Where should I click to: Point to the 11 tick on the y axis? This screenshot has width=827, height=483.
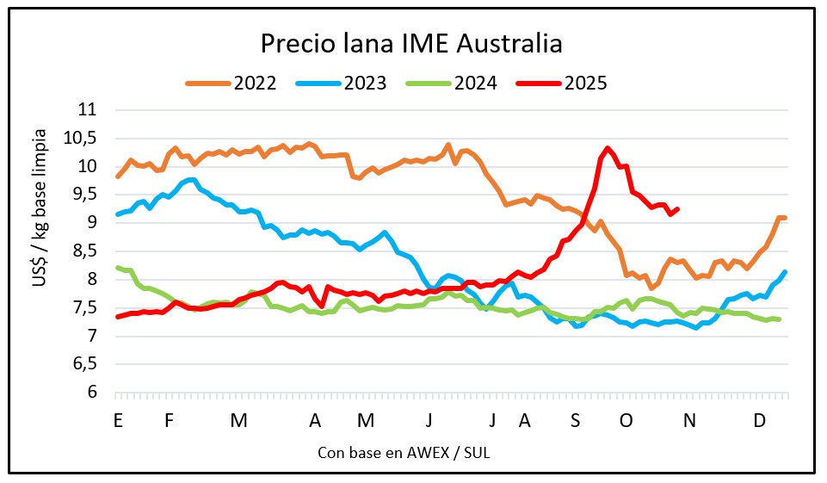coord(89,110)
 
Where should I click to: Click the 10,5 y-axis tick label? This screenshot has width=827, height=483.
coord(83,139)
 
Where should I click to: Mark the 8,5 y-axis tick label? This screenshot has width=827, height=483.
coord(86,251)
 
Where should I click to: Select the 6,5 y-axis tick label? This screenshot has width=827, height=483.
coord(86,364)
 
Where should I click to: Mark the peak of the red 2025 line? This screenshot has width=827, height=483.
coord(608,148)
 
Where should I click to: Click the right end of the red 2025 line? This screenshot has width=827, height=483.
coord(678,208)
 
